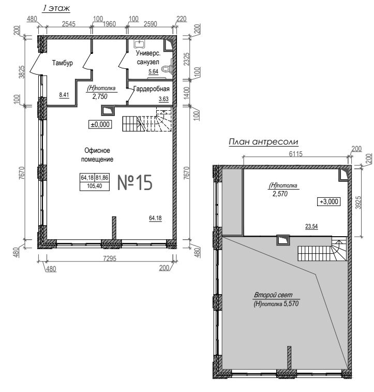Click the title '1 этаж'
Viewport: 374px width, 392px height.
pyautogui.click(x=56, y=8)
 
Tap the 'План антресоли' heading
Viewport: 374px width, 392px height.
pyautogui.click(x=263, y=142)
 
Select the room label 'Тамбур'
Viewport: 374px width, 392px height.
pyautogui.click(x=63, y=63)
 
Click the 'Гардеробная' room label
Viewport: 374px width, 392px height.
pyautogui.click(x=152, y=89)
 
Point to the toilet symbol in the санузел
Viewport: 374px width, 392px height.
pyautogui.click(x=167, y=67)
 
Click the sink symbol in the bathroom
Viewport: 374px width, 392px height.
pyautogui.click(x=140, y=43)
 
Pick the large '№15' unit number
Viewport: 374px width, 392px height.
pyautogui.click(x=135, y=182)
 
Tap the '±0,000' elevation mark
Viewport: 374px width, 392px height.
pyautogui.click(x=100, y=124)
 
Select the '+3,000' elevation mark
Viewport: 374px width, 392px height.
pyautogui.click(x=329, y=201)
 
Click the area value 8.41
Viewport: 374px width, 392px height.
pyautogui.click(x=64, y=95)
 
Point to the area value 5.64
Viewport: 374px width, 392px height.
pyautogui.click(x=154, y=71)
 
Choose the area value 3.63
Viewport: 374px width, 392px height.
pyautogui.click(x=163, y=99)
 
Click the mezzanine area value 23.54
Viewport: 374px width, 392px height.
pyautogui.click(x=311, y=226)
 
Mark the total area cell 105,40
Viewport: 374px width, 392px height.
pyautogui.click(x=95, y=186)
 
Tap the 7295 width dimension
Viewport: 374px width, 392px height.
pyautogui.click(x=110, y=258)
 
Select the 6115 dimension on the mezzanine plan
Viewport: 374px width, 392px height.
pyautogui.click(x=295, y=153)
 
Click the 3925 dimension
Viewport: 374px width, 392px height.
pyautogui.click(x=358, y=202)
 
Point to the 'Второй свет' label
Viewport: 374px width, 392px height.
pyautogui.click(x=273, y=295)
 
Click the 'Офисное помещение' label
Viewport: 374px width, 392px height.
pyautogui.click(x=97, y=155)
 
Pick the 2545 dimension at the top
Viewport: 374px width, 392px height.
pyautogui.click(x=69, y=24)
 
